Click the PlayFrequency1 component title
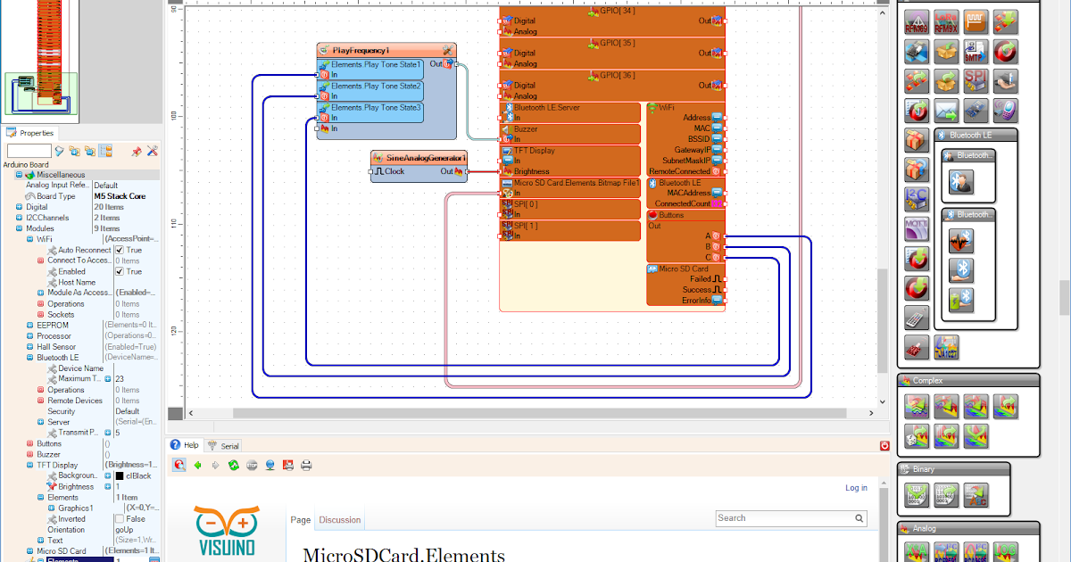click(361, 50)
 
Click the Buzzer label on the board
click(526, 128)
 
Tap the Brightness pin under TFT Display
click(531, 171)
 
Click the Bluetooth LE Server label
click(546, 107)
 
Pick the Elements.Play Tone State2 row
click(376, 87)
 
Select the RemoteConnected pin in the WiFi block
click(680, 171)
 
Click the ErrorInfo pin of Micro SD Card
click(696, 301)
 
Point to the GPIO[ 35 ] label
click(617, 43)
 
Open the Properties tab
click(37, 133)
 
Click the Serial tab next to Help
click(229, 445)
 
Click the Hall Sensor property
click(56, 347)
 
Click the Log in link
click(856, 488)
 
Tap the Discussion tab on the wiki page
click(340, 520)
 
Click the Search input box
click(785, 518)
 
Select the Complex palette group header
click(928, 381)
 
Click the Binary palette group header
click(924, 469)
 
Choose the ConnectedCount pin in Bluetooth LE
click(683, 203)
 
